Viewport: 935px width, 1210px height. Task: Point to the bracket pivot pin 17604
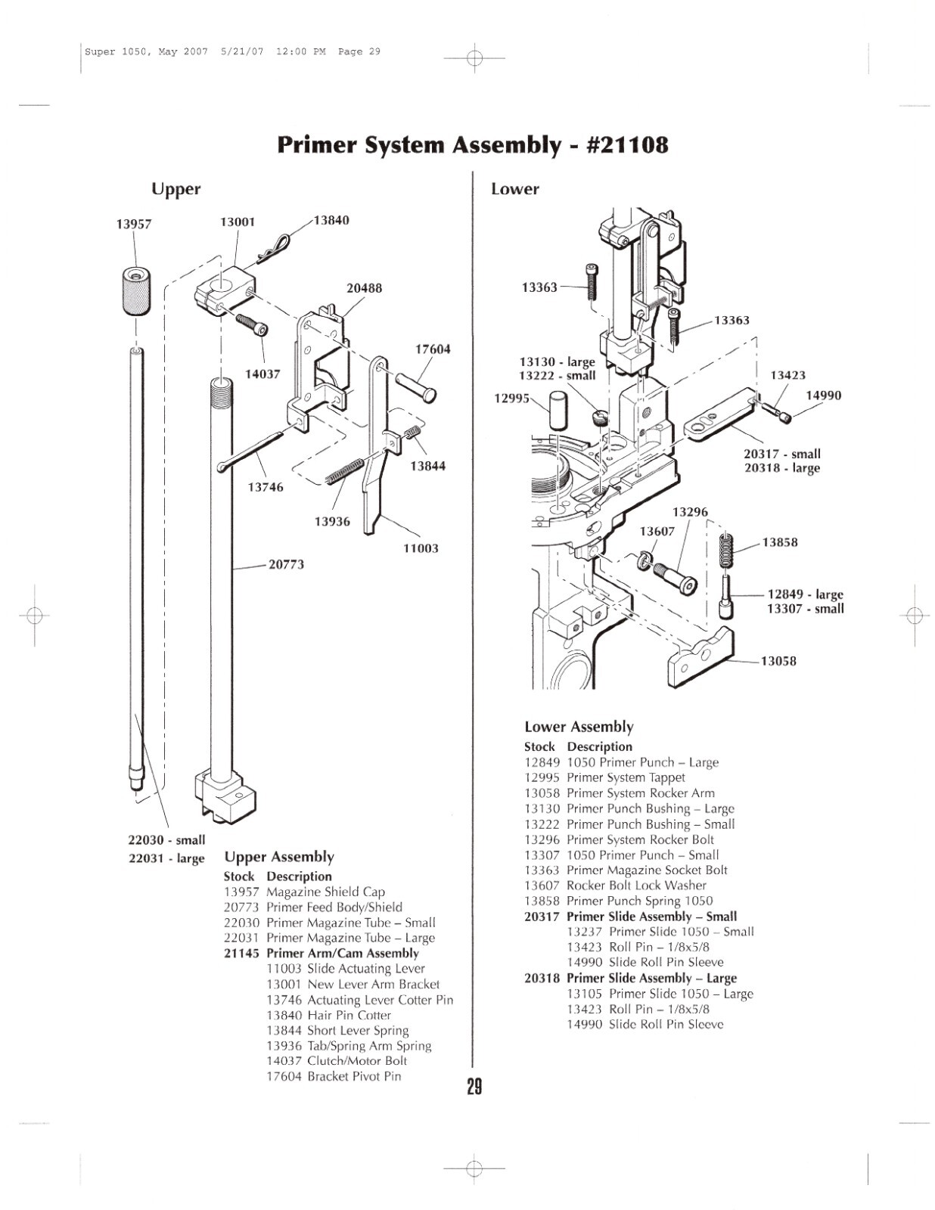coord(414,386)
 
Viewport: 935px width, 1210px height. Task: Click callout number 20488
coord(364,288)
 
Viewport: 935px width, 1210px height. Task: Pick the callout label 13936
coord(332,521)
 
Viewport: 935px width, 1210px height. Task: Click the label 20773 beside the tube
coord(286,564)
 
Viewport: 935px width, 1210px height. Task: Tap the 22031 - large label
coord(166,858)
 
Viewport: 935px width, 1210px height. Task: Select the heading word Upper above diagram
coord(176,189)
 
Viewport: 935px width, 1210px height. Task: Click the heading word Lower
coord(514,189)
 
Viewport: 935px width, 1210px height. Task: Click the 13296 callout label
coord(690,512)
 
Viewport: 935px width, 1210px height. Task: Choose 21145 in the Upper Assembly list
coord(241,954)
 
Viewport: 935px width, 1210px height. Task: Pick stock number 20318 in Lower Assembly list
coord(542,978)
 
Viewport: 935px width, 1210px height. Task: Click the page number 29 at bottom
coord(474,1087)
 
